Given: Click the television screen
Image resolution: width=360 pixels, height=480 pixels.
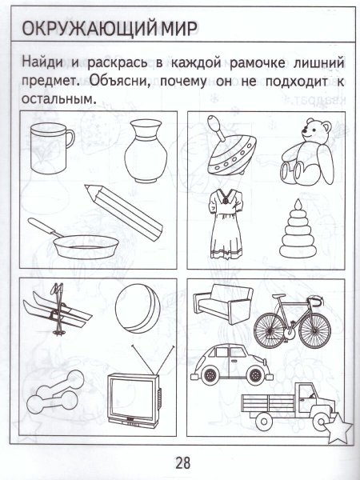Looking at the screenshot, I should coord(132,395).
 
